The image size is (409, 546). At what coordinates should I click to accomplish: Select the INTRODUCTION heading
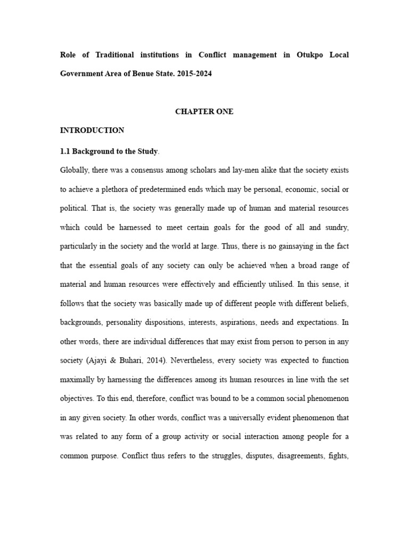[x=92, y=130]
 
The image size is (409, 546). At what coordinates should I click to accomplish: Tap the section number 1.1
[x=66, y=151]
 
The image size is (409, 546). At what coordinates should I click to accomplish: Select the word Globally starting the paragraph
[x=76, y=171]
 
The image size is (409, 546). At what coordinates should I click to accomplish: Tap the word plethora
[x=124, y=190]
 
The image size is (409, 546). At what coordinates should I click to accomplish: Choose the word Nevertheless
[x=189, y=360]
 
